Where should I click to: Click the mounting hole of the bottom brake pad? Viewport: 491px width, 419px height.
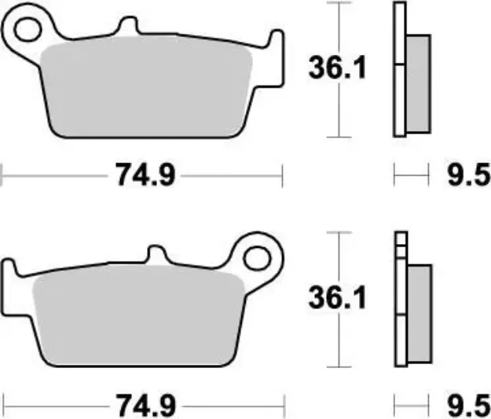tap(255, 257)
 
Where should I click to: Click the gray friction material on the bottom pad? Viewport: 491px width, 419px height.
tap(137, 318)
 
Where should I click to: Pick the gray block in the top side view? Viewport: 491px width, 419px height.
tap(419, 82)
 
